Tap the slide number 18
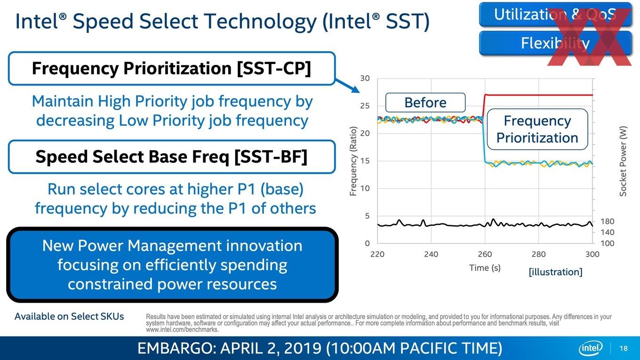pos(624,348)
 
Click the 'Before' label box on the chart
pos(425,102)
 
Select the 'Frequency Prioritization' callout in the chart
pos(537,129)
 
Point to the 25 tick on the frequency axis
pos(365,106)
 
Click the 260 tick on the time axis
pos(485,254)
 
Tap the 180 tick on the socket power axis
pos(607,222)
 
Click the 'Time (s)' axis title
pos(485,268)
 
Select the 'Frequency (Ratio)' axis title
pos(353,161)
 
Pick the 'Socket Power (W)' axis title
pos(623,161)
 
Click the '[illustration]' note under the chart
pos(555,272)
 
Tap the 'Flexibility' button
pos(555,43)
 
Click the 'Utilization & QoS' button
pos(555,14)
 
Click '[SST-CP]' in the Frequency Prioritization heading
pos(274,69)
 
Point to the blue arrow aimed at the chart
pos(347,86)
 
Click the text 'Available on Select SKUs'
pos(69,316)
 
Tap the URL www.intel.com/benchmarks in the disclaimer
pos(182,329)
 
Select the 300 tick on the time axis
pos(592,254)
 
